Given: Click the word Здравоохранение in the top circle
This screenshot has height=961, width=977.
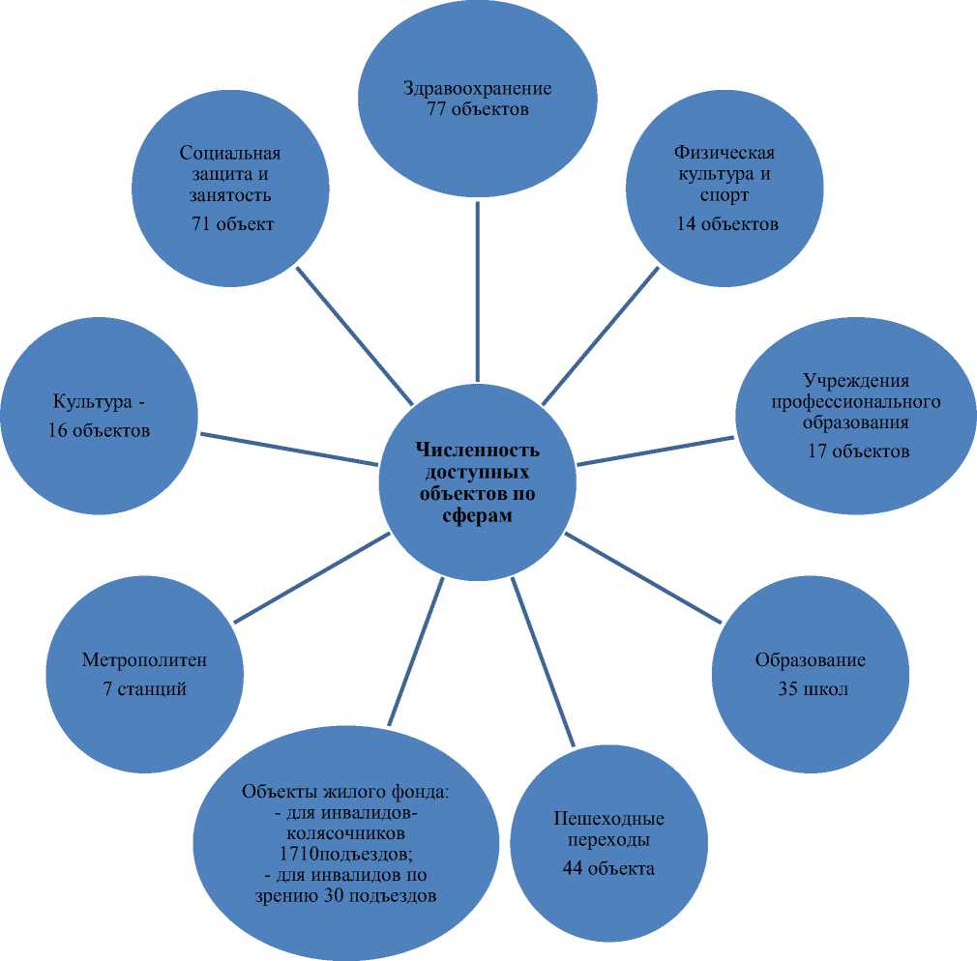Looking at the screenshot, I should pos(478,89).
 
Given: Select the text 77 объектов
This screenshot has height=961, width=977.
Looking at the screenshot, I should pos(478,109).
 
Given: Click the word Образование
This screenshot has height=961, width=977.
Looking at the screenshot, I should pos(810,661).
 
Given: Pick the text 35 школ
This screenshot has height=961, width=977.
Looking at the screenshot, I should pos(813,690).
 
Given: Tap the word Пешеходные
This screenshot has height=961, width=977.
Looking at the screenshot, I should pos(609,819).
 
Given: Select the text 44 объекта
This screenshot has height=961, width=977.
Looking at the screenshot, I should pos(608,868).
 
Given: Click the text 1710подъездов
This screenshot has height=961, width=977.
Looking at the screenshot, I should pos(345,855).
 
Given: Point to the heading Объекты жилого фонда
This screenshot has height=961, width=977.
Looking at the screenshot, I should pos(345,793).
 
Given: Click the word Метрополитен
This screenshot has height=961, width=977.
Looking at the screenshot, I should pos(144,661).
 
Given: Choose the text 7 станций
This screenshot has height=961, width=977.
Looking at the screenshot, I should pos(144,690).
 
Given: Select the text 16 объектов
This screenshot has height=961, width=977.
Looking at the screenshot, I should pos(100,430).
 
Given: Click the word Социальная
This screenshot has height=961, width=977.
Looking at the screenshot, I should pos(230,153).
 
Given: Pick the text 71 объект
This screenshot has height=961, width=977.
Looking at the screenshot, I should pos(233,224).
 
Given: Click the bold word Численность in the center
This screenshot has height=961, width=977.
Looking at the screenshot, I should pos(477,451).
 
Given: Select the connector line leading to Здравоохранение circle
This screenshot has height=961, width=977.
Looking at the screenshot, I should pos(478,290).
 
